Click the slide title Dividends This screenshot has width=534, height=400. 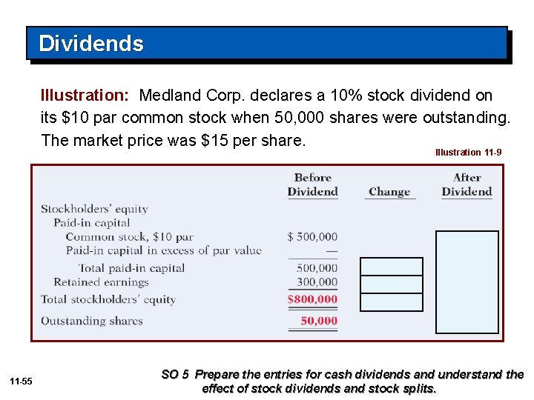pos(90,44)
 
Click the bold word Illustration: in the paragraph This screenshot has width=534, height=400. pos(85,96)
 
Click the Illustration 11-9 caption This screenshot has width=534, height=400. pos(468,152)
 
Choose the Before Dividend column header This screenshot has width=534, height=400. pos(312,184)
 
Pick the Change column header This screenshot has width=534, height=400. pos(389,192)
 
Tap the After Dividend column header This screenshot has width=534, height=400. pos(467,184)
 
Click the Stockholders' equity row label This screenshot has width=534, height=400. pos(94,209)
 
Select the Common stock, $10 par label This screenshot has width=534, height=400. pos(129,237)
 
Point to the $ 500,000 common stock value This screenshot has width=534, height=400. pos(312,237)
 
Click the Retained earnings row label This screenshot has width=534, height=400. pos(101,281)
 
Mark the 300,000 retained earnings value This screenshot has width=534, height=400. pos(317,281)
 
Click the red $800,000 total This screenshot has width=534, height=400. pos(312,299)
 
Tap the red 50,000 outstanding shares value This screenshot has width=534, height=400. pos(319,321)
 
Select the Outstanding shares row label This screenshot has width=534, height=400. pos(91,321)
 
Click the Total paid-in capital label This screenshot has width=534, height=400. pos(131,268)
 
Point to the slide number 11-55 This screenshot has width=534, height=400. pos(22,381)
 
